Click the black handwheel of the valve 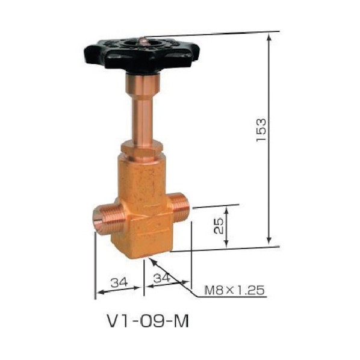(x=141, y=54)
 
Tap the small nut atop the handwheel (x=144, y=41)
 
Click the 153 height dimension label (x=261, y=130)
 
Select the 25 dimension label (x=219, y=226)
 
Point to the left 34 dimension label (x=119, y=282)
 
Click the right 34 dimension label (x=162, y=278)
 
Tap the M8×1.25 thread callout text (x=234, y=290)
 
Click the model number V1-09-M (x=147, y=321)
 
